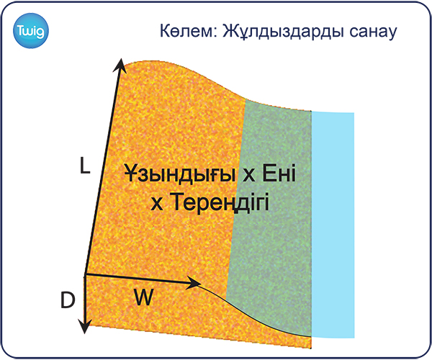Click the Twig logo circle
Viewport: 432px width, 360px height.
click(x=30, y=30)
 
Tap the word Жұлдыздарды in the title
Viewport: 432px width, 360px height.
click(x=283, y=32)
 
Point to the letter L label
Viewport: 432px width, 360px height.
click(x=85, y=165)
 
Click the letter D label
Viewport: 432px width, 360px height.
click(x=68, y=300)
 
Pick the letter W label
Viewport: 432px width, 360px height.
click(x=143, y=297)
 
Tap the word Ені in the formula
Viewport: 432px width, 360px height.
click(x=279, y=173)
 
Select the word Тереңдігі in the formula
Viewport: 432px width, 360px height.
click(x=219, y=202)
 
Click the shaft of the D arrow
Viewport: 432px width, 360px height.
click(x=85, y=299)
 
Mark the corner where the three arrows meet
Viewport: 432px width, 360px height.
click(x=85, y=274)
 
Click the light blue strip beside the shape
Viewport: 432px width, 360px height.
click(x=333, y=225)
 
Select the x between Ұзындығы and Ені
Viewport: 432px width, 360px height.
click(x=249, y=176)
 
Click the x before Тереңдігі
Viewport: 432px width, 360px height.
click(x=157, y=204)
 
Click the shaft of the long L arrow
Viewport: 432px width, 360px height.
click(x=103, y=167)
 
